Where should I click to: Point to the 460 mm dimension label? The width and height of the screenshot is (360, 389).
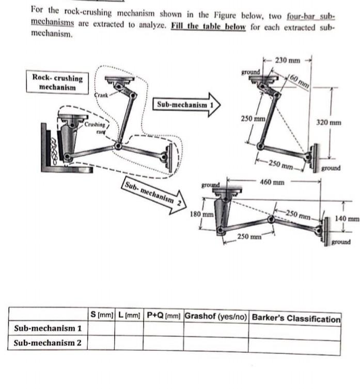(x=272, y=182)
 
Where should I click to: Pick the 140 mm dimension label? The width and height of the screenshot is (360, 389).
(x=347, y=219)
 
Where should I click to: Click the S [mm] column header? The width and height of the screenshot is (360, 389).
(x=101, y=314)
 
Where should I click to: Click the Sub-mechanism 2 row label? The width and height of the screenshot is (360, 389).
(x=48, y=343)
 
